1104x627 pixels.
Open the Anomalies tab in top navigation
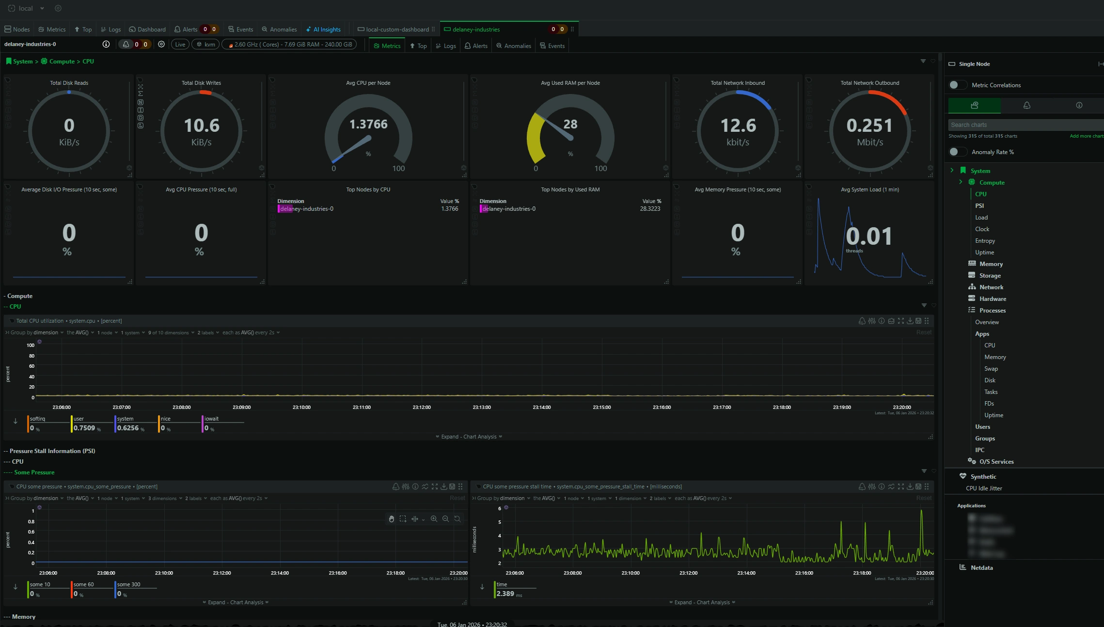[x=280, y=30]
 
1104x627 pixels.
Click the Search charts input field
[x=1023, y=125]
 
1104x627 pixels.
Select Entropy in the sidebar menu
[x=985, y=241]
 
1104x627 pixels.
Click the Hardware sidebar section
[x=993, y=299]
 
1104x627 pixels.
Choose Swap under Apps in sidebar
[x=991, y=369]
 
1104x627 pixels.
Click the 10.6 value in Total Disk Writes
[x=202, y=126]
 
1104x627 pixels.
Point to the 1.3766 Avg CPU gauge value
[x=368, y=125]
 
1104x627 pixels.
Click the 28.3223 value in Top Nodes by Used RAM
[x=650, y=209]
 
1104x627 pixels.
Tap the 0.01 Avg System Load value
[x=869, y=236]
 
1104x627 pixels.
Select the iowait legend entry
[x=211, y=419]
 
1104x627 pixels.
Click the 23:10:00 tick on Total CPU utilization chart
[x=301, y=408]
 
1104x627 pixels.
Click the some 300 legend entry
[x=128, y=585]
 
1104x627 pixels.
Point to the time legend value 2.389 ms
[x=505, y=594]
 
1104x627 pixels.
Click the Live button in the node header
[x=180, y=45]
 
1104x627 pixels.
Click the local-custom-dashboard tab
[x=396, y=30]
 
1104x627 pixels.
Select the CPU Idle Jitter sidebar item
[x=984, y=488]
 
